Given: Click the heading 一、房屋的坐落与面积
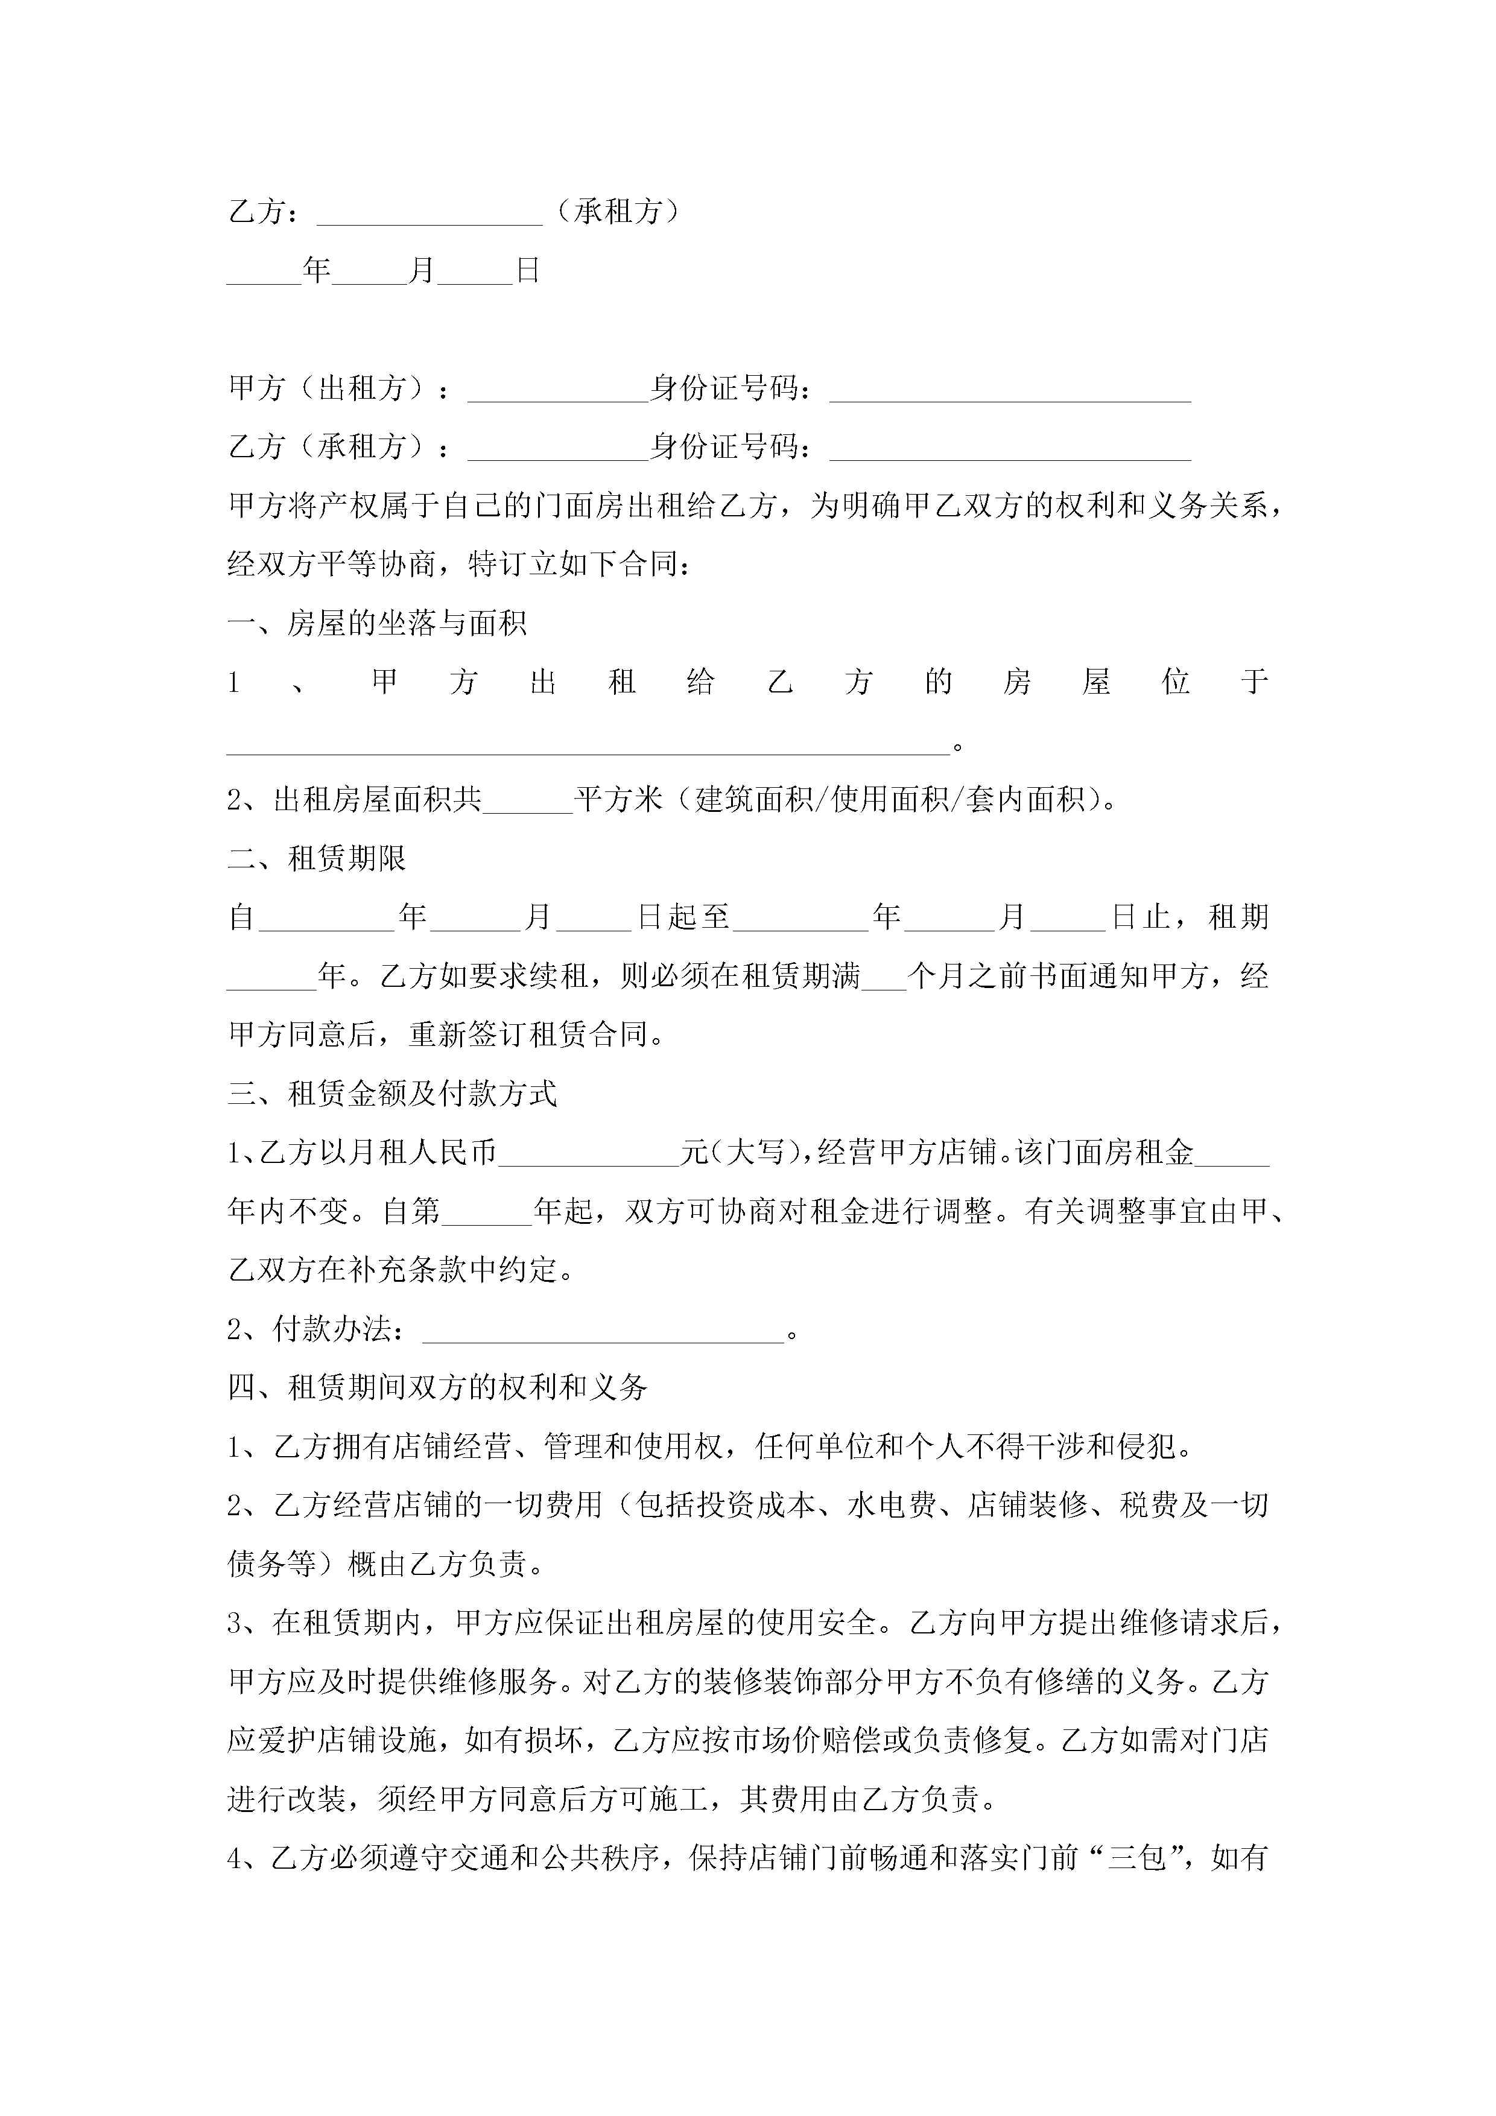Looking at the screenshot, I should pos(377,624).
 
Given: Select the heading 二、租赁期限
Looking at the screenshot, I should pos(317,859).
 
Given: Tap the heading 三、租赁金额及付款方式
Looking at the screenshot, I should pos(393,1094).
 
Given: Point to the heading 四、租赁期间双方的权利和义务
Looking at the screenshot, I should pos(438,1387).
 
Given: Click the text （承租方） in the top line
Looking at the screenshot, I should pos(618,212).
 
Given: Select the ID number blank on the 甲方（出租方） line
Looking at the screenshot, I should pos(1010,390).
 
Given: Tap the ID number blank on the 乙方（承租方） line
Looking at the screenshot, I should pos(1010,449).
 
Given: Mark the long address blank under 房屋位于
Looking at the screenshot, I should pos(588,743).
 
